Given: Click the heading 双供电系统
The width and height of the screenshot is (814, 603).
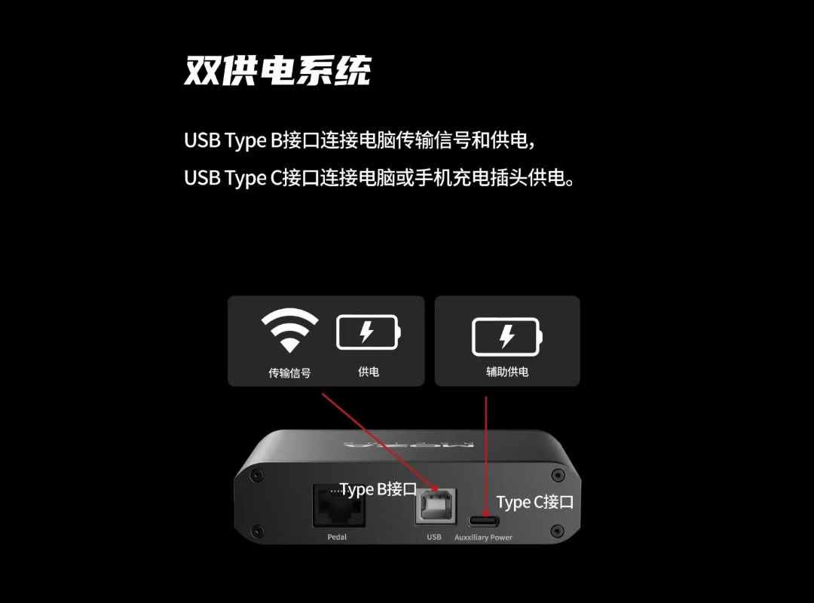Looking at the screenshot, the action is (x=277, y=70).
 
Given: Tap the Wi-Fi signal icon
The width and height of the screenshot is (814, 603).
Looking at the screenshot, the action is (x=289, y=330).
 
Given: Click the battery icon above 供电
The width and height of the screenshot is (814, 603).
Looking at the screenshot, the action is (x=369, y=332).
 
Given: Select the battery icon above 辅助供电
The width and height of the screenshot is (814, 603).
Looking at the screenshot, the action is (x=507, y=337).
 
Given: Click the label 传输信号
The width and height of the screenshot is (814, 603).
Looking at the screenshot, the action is (x=289, y=373).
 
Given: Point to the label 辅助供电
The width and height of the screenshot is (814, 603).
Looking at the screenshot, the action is (x=507, y=372).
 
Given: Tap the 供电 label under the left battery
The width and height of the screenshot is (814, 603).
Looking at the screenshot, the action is (x=369, y=372).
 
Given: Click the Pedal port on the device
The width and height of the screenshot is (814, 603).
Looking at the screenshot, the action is (x=339, y=505).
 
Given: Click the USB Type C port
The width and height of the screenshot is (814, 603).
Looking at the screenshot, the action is (x=484, y=521).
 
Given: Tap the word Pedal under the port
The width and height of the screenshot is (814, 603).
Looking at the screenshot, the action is (x=337, y=537).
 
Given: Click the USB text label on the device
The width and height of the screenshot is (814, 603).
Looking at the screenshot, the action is (x=434, y=537).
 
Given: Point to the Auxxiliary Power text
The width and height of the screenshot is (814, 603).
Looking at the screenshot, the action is (x=483, y=537).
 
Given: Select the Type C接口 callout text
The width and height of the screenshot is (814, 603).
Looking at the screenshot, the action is (x=535, y=502).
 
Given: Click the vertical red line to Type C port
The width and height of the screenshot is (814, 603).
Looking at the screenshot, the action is (x=486, y=456).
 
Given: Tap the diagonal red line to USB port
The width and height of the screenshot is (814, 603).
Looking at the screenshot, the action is (x=378, y=442).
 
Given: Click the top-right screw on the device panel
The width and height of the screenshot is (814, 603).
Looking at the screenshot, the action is (x=558, y=475).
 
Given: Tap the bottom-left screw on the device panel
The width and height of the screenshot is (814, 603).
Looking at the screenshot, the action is (x=257, y=531).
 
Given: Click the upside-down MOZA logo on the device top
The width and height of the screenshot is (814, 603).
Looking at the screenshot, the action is (x=409, y=445).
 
